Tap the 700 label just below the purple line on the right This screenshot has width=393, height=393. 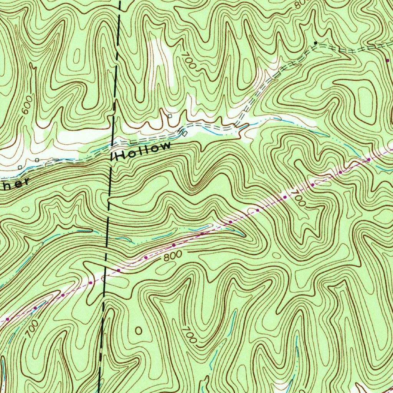299,198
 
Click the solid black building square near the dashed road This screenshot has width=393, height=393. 315,42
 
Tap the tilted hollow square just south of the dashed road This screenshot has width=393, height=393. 184,133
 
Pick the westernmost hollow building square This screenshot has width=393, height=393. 20,167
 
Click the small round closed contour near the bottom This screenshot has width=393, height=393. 138,330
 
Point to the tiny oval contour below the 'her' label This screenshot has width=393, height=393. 26,209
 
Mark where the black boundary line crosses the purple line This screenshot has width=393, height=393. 105,274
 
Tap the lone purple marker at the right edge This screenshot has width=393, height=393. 387,61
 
